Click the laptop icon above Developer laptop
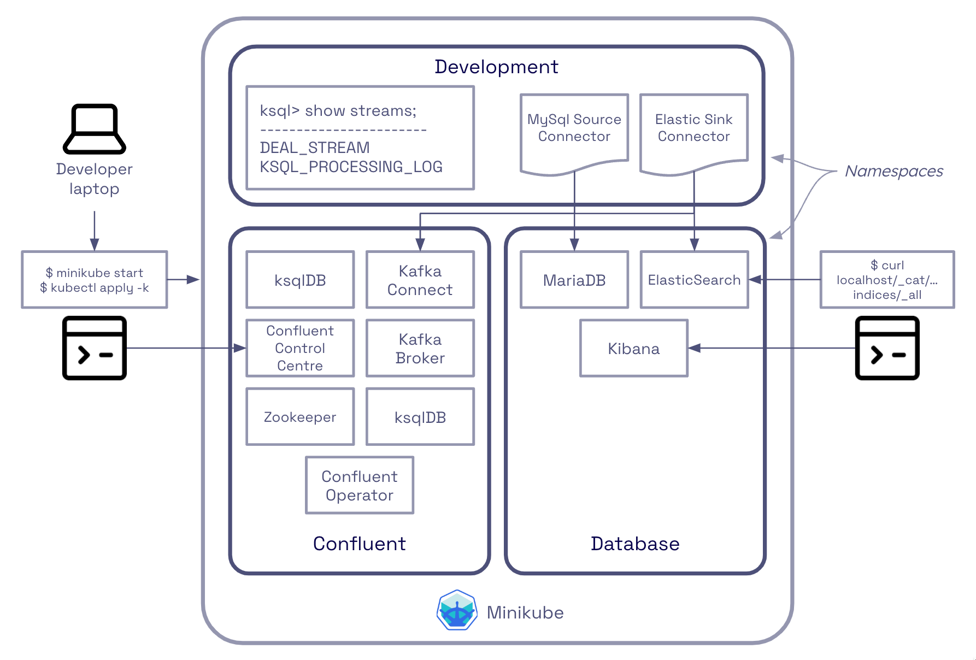[x=95, y=129]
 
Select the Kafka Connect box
[x=420, y=280]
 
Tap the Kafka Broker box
[x=420, y=349]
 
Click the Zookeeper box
[x=300, y=417]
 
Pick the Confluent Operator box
[x=359, y=485]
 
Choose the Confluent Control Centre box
[x=300, y=348]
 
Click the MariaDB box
[x=574, y=280]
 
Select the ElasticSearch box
[x=694, y=280]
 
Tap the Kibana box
[x=633, y=349]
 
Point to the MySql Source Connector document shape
[x=574, y=131]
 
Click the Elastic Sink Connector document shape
[x=693, y=131]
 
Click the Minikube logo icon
[x=457, y=610]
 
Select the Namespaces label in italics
[x=893, y=171]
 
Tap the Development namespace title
[x=496, y=67]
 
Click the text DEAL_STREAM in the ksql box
[x=315, y=148]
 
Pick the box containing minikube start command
[x=95, y=280]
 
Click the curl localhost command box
[x=887, y=280]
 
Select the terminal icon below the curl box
[x=887, y=348]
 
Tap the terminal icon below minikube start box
[x=95, y=348]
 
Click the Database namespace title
[x=635, y=544]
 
